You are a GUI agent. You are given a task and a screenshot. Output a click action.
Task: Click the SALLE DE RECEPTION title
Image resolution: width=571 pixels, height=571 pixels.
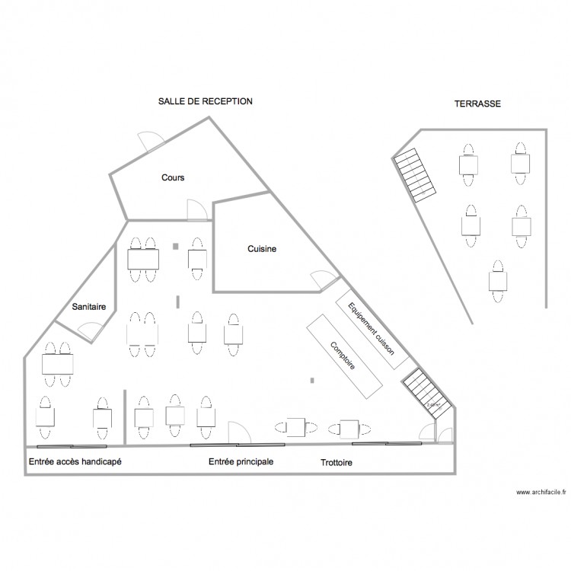[x=205, y=100]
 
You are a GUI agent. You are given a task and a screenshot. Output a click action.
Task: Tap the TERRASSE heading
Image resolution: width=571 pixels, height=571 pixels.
[x=477, y=104]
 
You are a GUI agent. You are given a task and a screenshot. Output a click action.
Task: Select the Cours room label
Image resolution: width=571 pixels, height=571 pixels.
[x=173, y=177]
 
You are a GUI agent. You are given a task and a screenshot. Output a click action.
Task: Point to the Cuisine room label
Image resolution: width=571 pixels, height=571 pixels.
[x=262, y=249]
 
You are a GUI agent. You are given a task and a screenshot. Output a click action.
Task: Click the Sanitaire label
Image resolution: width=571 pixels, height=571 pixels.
[x=88, y=307]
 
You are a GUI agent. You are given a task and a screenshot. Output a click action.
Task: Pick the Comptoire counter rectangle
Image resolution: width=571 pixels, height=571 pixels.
[x=344, y=356]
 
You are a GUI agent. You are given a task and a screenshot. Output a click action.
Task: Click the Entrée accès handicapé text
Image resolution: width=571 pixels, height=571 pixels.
[x=75, y=462]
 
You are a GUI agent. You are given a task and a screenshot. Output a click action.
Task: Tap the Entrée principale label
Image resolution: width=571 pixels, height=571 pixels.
[x=241, y=462]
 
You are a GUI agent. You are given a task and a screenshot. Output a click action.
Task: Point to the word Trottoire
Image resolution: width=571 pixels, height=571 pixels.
[x=337, y=462]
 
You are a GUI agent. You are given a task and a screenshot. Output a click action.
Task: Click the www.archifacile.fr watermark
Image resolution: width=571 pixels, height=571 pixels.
[x=541, y=493]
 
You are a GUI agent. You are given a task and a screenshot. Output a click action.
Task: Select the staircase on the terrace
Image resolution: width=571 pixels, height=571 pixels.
[x=415, y=175]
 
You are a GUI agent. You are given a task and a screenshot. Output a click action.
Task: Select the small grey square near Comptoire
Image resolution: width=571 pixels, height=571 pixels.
[x=311, y=379]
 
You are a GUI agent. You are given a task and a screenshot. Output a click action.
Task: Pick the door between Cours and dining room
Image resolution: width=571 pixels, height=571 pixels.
[x=194, y=209]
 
